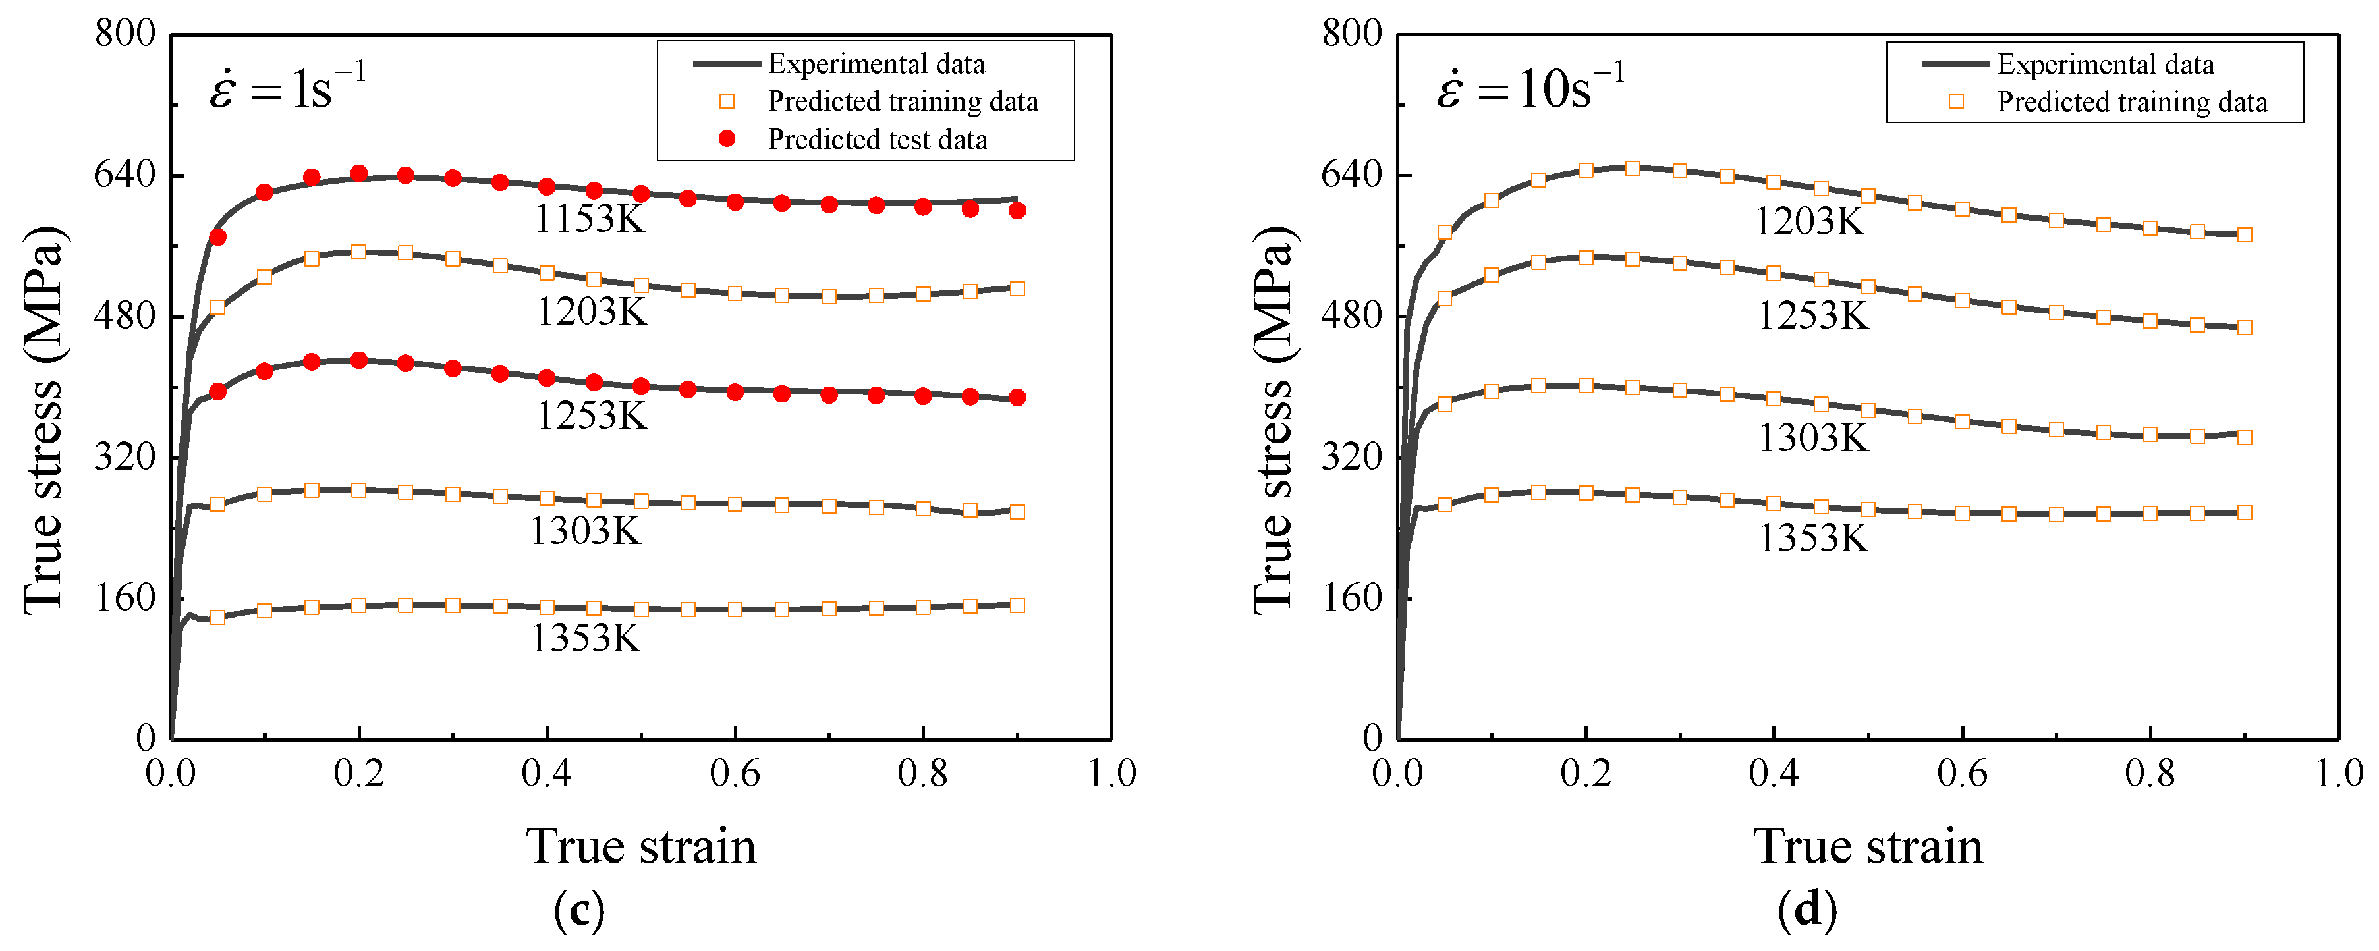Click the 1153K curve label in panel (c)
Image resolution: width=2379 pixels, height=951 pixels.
pos(589,219)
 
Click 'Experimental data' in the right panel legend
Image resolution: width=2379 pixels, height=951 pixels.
pos(2105,65)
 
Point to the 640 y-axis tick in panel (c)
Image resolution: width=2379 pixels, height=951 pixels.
pos(125,174)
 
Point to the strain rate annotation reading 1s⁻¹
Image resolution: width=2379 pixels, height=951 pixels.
pos(287,89)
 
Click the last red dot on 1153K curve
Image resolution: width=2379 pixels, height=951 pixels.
pos(1017,211)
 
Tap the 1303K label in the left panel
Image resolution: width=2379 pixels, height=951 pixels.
pos(584,531)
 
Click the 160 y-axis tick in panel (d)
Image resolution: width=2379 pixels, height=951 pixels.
pos(1352,597)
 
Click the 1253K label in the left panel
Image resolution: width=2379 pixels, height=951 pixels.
pos(592,416)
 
